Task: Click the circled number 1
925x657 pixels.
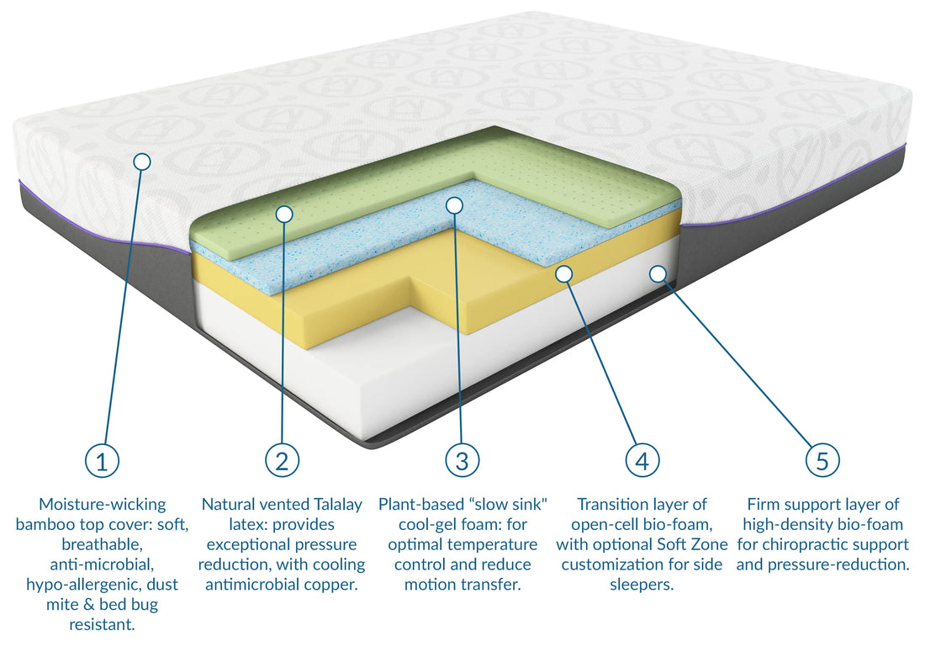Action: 102,460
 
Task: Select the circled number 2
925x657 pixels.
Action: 282,460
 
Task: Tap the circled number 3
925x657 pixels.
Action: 462,460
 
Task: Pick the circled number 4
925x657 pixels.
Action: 642,460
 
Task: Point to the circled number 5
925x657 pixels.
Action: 822,460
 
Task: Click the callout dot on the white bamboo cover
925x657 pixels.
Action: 141,160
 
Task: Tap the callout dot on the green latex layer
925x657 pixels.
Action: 284,214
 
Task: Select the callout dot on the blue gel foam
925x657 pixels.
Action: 454,204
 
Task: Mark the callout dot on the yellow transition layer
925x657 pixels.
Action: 563,273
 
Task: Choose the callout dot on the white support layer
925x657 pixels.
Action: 658,273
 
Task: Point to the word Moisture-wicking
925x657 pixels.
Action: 102,505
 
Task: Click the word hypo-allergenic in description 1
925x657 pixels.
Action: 79,585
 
